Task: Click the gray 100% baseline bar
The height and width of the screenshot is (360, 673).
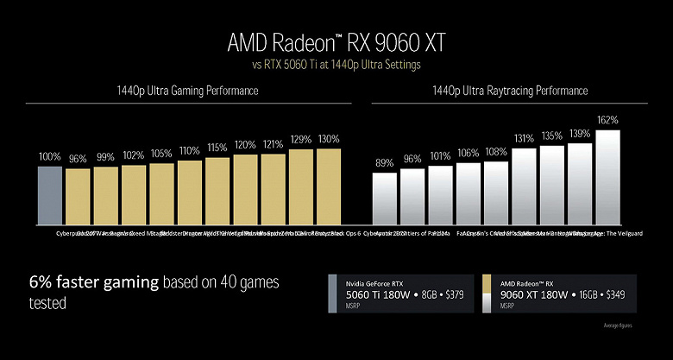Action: tap(50, 194)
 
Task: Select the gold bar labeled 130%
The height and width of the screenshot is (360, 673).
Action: tap(329, 186)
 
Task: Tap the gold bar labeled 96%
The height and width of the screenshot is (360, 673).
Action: tap(78, 196)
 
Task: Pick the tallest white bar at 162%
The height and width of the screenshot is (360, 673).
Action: tap(607, 176)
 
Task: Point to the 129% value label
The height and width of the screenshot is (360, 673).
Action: tap(300, 140)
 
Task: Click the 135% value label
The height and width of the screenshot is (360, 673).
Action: tap(551, 136)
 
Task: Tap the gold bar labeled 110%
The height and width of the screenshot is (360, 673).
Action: tap(189, 192)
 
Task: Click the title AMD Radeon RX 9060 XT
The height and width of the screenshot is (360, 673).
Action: tap(336, 43)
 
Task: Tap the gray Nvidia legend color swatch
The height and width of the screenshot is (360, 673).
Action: tap(333, 294)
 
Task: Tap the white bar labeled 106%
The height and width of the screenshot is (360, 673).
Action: tap(469, 193)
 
